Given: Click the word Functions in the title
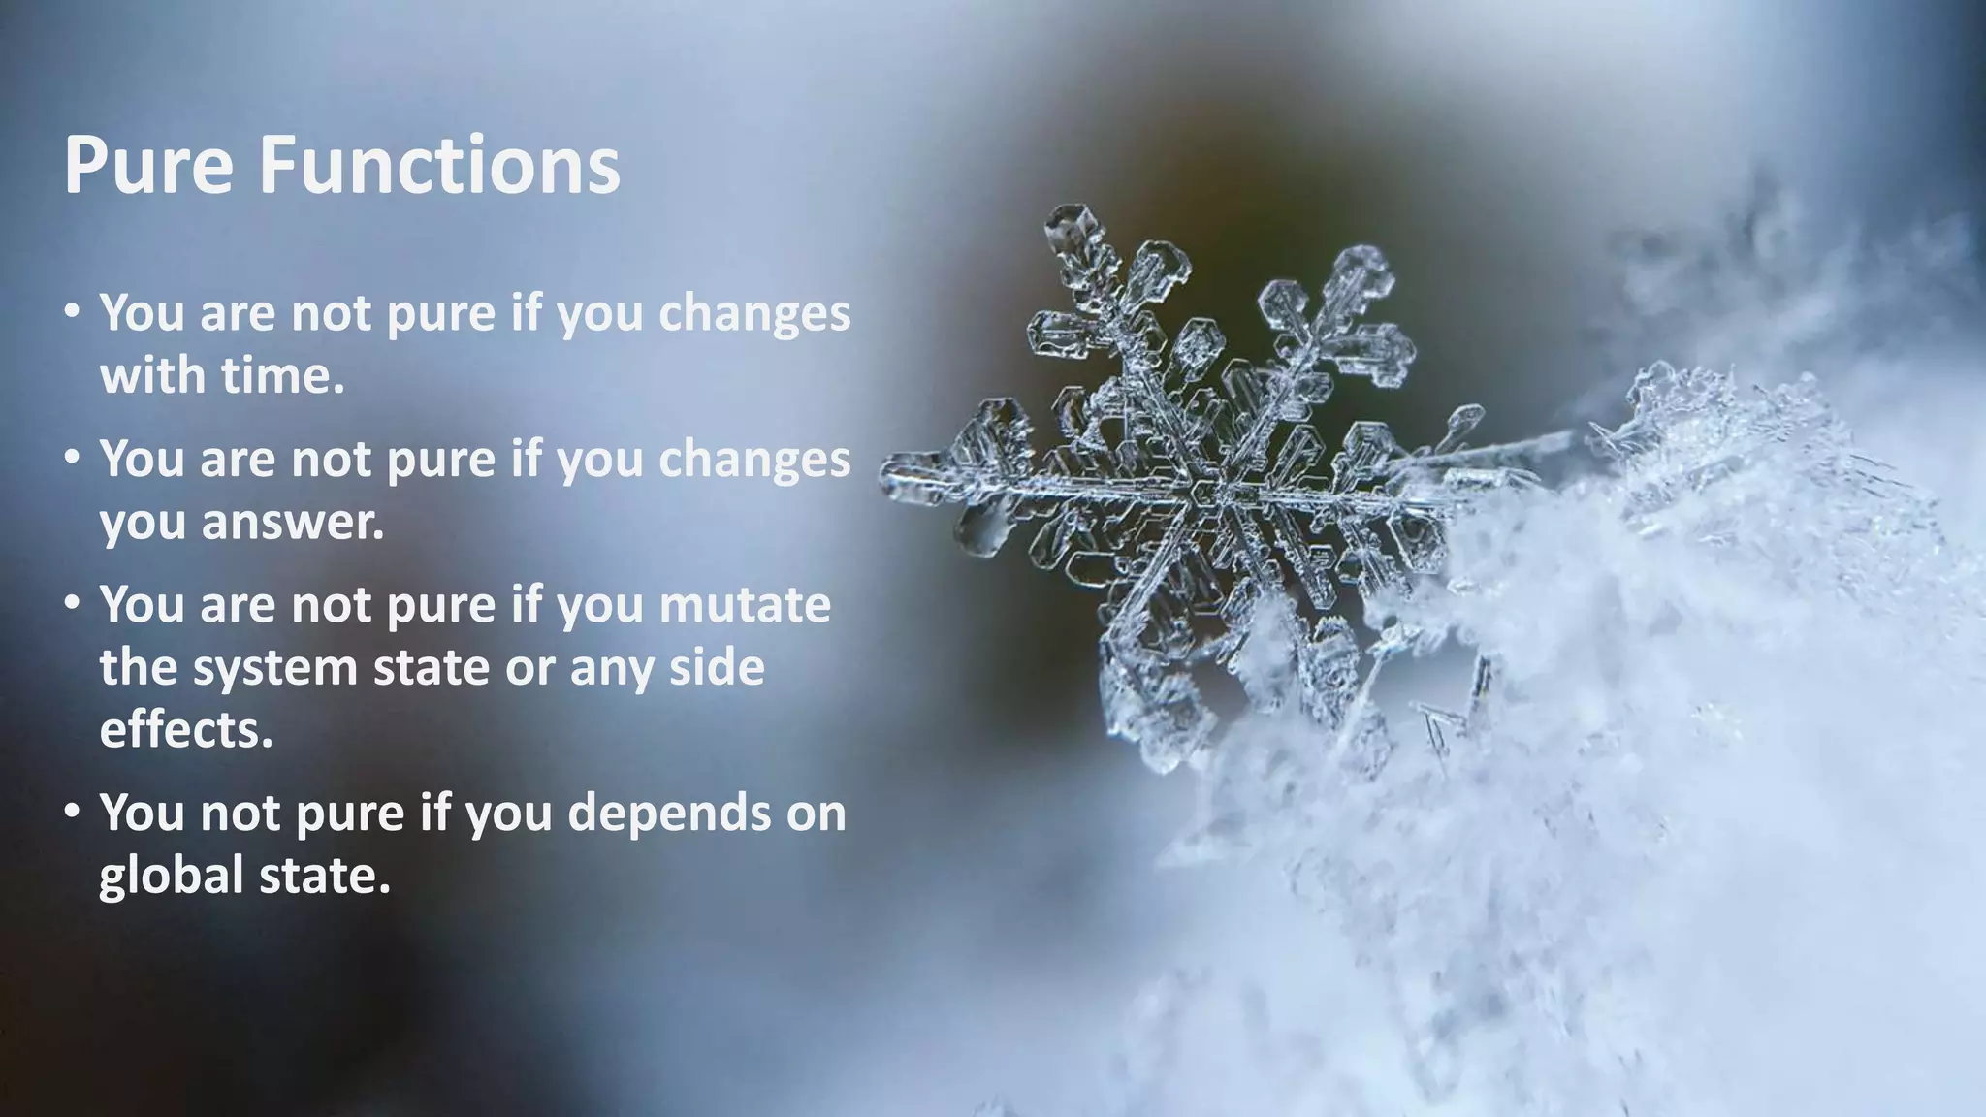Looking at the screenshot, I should coord(438,166).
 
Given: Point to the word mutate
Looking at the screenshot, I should coord(745,605).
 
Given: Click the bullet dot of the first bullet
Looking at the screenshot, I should coord(73,312).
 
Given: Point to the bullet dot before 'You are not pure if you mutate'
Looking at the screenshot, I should coord(73,604).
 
